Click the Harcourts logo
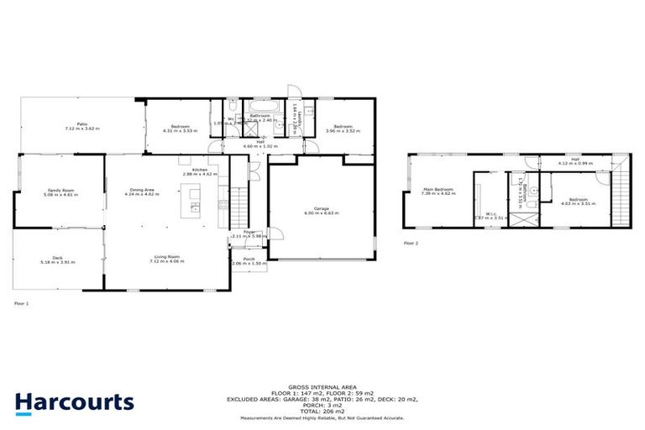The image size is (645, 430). pos(74,402)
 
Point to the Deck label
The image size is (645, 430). pos(58,258)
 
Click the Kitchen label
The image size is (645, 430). pos(199,170)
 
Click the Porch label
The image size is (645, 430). pos(249,259)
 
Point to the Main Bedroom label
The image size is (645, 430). pos(438,189)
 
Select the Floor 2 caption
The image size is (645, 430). pos(411,243)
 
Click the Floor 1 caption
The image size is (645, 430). pos(21,303)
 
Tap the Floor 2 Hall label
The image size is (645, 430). pos(574,158)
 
